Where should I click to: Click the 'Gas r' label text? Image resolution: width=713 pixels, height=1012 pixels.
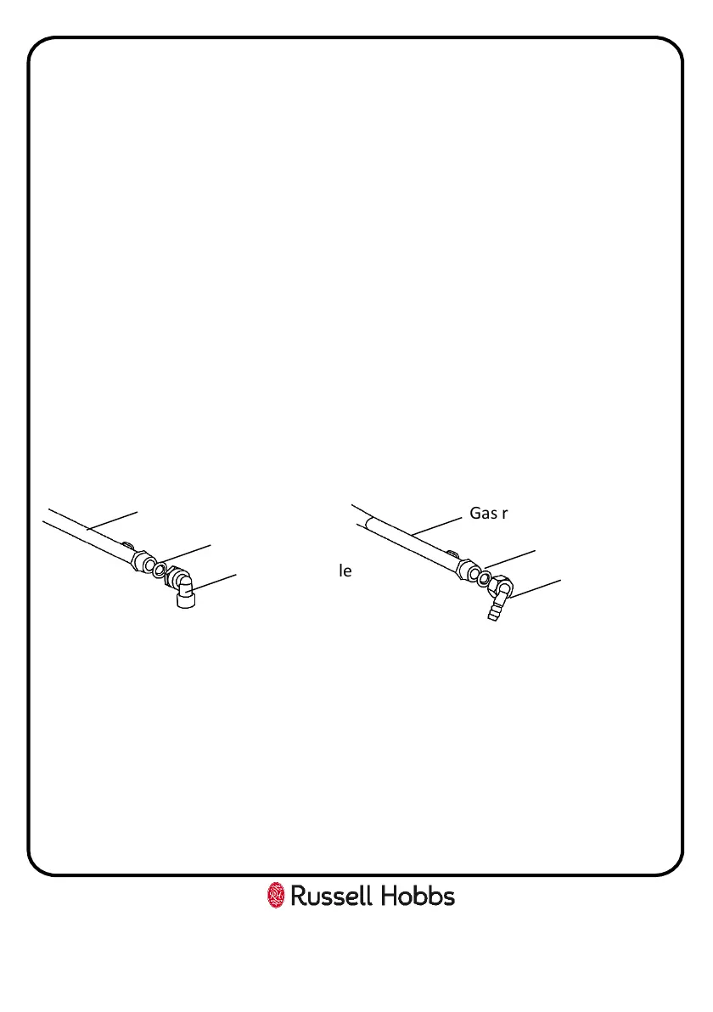coord(488,513)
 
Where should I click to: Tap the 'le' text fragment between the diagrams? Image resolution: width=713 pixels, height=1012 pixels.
coord(345,571)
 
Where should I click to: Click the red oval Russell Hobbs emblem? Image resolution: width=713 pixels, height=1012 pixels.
coord(276,896)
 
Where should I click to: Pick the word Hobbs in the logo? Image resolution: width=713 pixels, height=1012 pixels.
coord(416,897)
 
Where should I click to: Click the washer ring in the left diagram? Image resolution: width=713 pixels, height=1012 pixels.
coord(160,567)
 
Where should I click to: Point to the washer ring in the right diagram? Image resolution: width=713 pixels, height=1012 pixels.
coord(484,578)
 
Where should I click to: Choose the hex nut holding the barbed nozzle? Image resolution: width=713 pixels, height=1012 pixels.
coord(501,586)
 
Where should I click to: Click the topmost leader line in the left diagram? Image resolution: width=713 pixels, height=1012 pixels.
coord(110,522)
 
